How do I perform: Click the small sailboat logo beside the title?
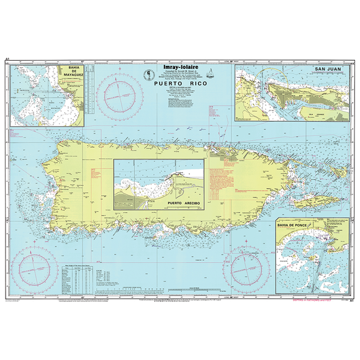(214, 76)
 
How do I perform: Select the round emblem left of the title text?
(149, 76)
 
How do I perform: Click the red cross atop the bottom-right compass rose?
(246, 238)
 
